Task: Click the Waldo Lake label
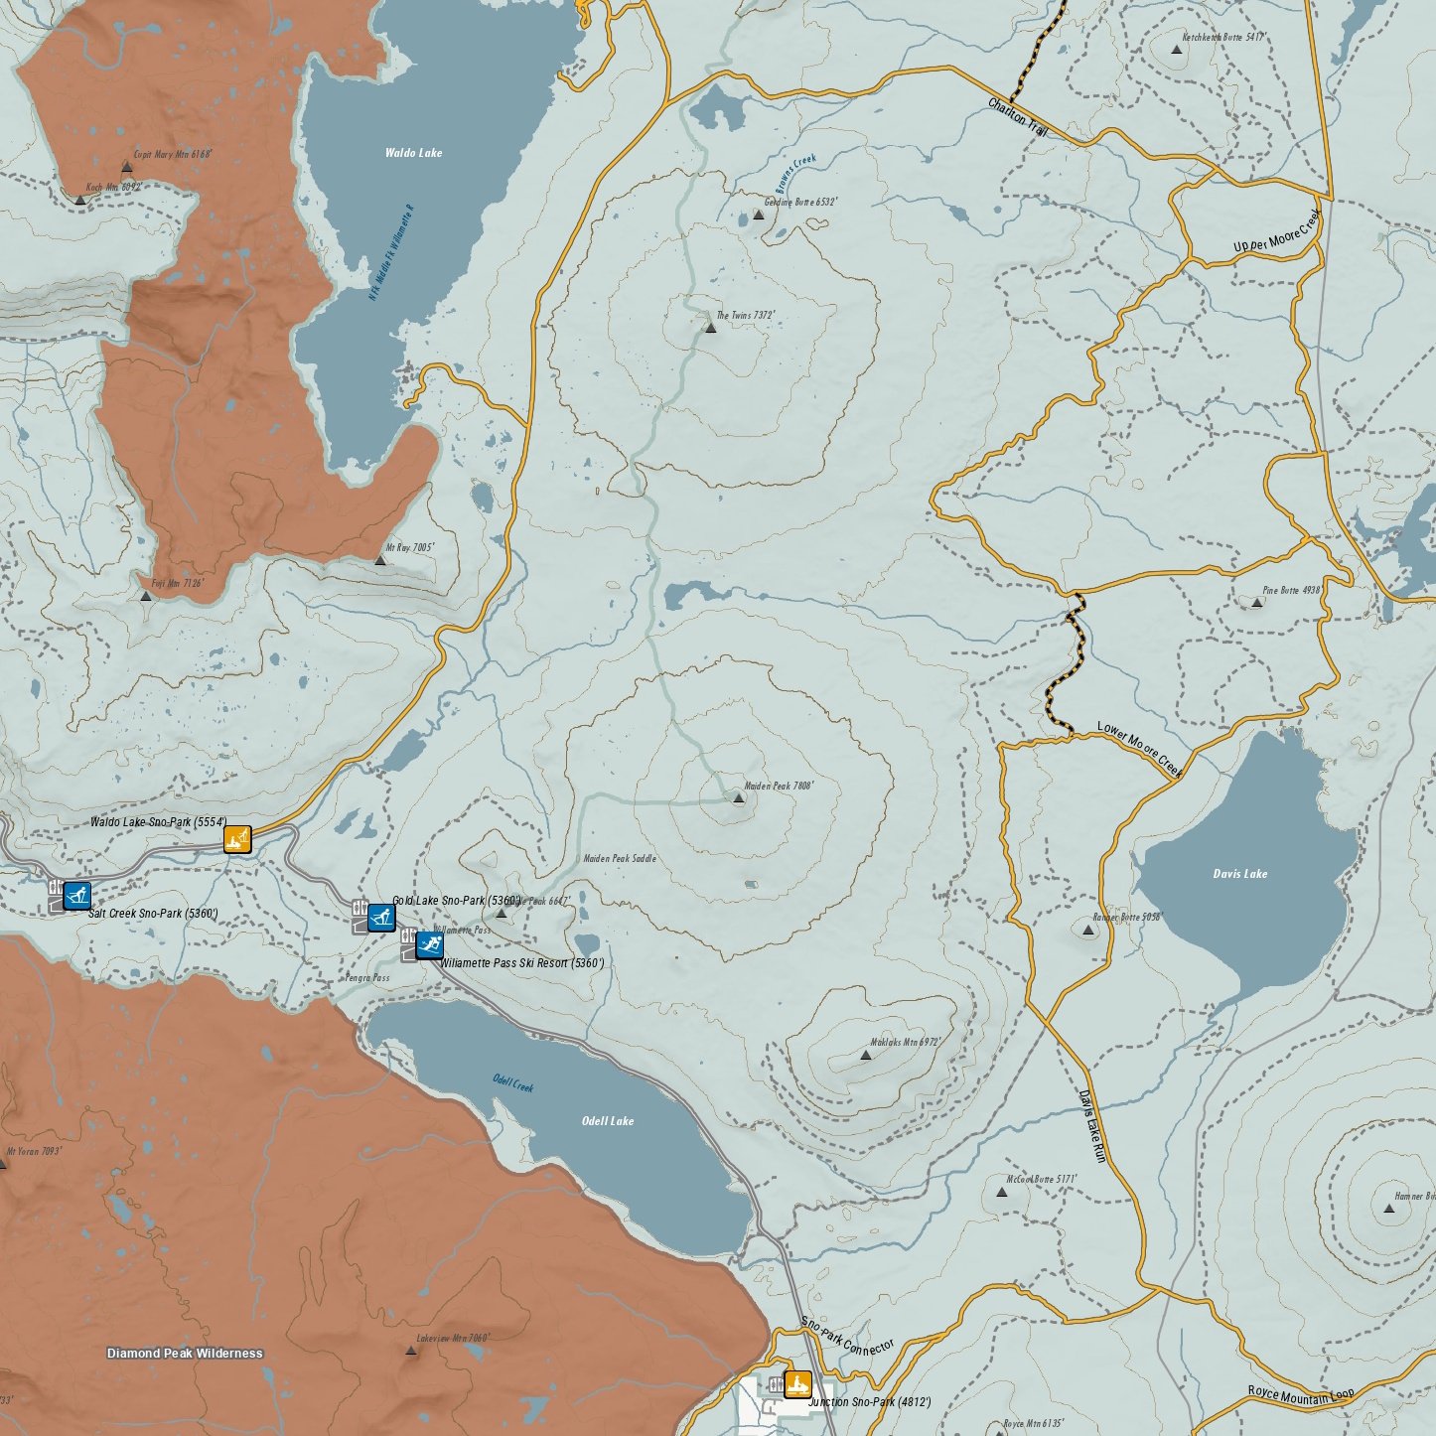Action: tap(413, 153)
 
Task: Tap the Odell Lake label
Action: tap(607, 1121)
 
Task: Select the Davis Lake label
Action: tap(1239, 874)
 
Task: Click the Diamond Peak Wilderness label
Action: tap(185, 1354)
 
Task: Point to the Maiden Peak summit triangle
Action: tap(738, 797)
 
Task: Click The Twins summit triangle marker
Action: tap(710, 327)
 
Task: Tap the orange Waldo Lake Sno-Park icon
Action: tap(237, 839)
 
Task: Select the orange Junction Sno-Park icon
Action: tap(797, 1383)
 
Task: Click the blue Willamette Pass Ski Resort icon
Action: tap(429, 944)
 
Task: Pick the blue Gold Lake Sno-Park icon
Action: tap(381, 917)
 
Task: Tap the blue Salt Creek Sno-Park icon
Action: tap(76, 896)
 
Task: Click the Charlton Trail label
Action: tap(1018, 118)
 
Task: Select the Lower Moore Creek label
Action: tap(1140, 749)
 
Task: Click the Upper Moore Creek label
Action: tap(1277, 232)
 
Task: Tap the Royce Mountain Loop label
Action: tap(1301, 1395)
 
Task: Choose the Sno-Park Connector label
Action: tap(847, 1337)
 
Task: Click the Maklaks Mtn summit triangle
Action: tap(865, 1055)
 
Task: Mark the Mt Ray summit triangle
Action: tap(379, 560)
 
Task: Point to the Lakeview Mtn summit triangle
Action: tap(411, 1352)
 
